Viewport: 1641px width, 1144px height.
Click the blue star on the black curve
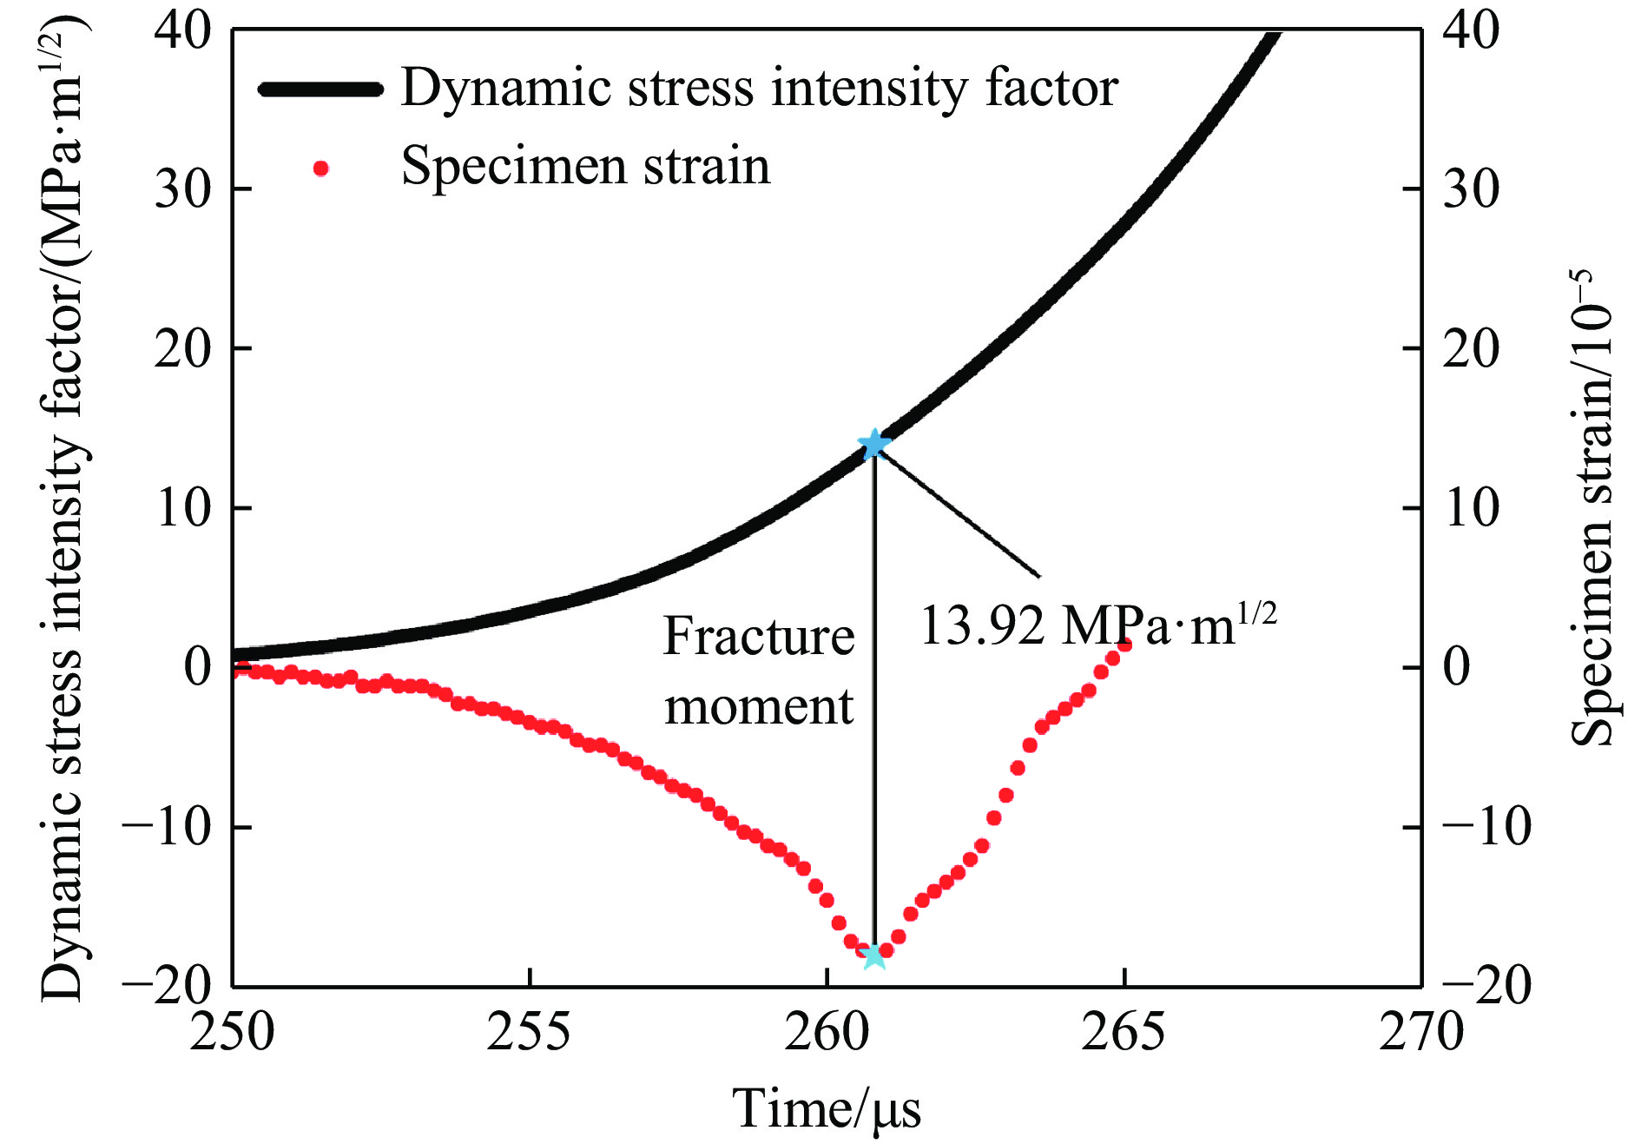coord(873,444)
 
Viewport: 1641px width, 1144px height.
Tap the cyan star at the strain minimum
coord(874,955)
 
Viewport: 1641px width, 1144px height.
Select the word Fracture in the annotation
coord(758,636)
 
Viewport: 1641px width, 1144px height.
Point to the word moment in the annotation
coord(758,706)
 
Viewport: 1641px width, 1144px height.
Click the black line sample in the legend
coord(321,89)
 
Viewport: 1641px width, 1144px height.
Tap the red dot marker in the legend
coord(321,168)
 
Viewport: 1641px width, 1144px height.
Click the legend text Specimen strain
coord(585,166)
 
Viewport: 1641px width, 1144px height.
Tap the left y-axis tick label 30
coord(183,188)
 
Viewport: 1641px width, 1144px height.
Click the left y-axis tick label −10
coord(168,827)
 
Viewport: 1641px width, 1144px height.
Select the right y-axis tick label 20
coord(1471,348)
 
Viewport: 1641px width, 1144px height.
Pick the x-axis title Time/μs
coord(827,1108)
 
